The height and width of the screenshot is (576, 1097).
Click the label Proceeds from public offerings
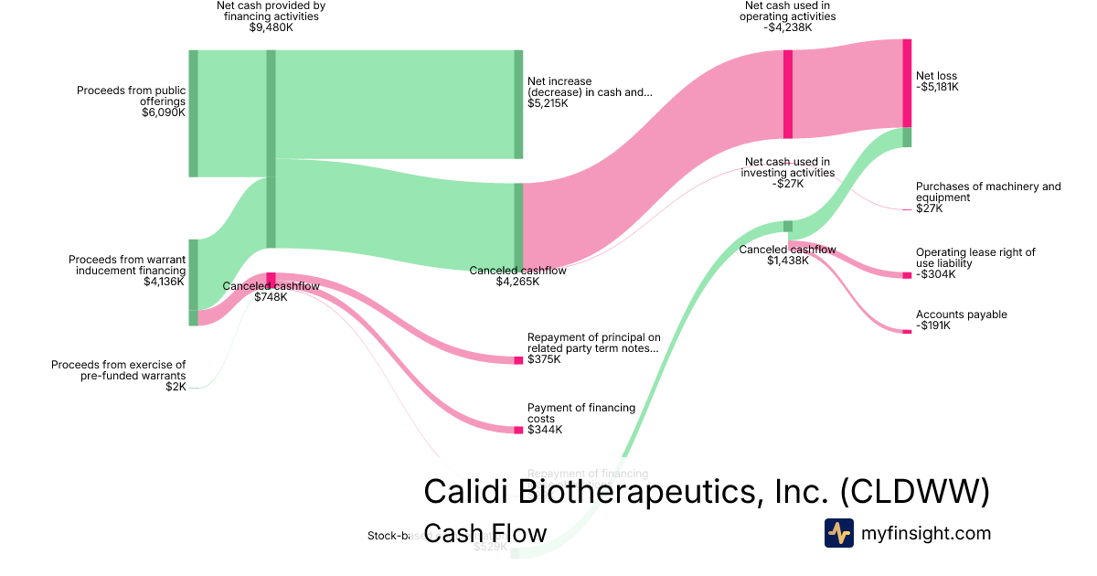pos(131,95)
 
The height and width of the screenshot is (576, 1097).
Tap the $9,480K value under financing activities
pos(271,27)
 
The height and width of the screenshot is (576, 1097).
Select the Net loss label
pos(936,76)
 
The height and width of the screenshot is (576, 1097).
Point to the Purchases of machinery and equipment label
pos(988,191)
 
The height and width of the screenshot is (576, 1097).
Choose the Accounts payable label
pos(961,315)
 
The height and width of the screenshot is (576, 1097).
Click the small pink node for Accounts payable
pos(907,331)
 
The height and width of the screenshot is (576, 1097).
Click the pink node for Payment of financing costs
pos(518,429)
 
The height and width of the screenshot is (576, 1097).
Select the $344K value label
pos(545,430)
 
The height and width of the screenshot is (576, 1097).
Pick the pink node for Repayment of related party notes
pos(518,360)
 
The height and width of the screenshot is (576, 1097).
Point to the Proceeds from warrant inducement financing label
pos(127,265)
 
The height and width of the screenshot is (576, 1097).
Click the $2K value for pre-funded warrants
pos(176,387)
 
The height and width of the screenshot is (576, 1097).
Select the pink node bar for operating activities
pos(788,94)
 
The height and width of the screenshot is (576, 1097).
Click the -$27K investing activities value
pos(787,184)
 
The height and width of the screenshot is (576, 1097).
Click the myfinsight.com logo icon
pos(838,533)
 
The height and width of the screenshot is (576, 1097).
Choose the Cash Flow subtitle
pos(485,533)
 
